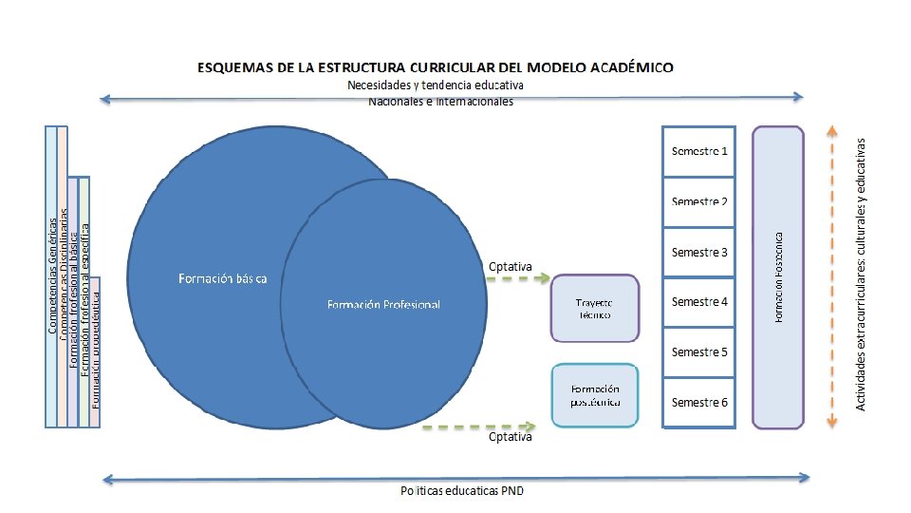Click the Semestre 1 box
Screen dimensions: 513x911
pos(699,151)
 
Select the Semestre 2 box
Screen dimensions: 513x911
pos(699,201)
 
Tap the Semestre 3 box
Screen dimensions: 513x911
pos(699,252)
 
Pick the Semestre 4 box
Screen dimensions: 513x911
pos(699,302)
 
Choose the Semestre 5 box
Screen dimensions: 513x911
pos(699,352)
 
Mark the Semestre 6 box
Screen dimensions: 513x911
pos(699,403)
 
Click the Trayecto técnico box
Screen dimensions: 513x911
pos(595,308)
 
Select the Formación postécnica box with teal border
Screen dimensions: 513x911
pos(595,395)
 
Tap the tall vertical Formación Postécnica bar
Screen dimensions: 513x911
pos(778,276)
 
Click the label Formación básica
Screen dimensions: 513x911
pos(223,278)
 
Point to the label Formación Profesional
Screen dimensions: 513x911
pos(383,305)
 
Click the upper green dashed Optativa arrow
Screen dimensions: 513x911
pos(519,278)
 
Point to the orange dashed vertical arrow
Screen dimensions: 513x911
pos(831,275)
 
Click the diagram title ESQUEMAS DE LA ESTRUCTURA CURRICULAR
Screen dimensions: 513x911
pos(436,67)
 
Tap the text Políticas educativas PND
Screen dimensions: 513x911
pos(461,491)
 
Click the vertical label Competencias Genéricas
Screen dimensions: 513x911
pos(53,275)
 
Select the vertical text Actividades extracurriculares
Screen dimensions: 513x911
pos(861,275)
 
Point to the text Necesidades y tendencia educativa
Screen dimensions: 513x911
pos(448,85)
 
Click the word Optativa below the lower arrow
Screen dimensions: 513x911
pos(511,438)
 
